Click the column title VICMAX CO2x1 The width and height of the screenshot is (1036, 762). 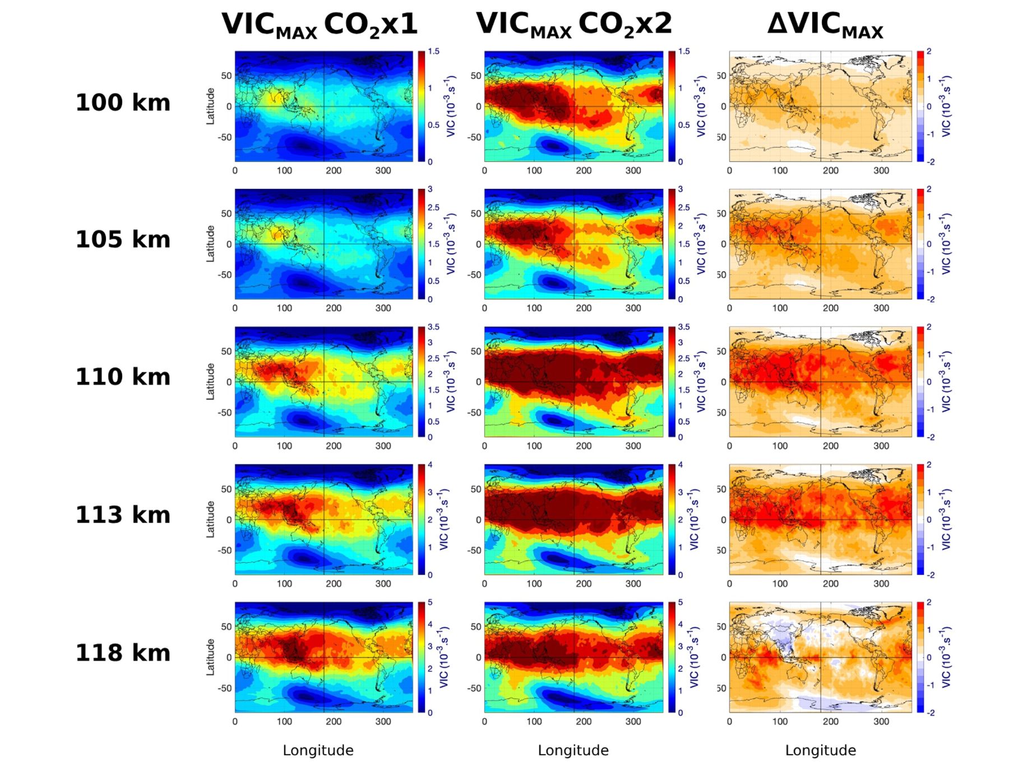[320, 25]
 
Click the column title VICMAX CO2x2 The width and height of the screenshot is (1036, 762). [573, 25]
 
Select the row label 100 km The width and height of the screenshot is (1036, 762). [123, 103]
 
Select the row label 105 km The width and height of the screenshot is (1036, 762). [123, 240]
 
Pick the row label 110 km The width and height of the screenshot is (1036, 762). [123, 377]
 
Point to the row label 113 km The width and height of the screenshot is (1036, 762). [123, 515]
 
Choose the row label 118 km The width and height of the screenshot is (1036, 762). [123, 653]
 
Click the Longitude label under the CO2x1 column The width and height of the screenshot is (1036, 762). [318, 750]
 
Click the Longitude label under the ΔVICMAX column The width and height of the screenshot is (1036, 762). [820, 750]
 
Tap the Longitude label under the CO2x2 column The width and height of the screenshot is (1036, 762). [573, 750]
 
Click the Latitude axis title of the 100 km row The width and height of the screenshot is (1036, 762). [210, 106]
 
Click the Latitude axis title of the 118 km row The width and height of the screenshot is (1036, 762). [210, 657]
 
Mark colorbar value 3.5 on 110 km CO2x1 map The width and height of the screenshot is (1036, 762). [433, 327]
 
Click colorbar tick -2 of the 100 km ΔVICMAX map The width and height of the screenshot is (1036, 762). [931, 162]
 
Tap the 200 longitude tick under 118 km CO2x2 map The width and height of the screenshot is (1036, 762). [584, 722]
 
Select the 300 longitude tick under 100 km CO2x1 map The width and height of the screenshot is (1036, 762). [383, 170]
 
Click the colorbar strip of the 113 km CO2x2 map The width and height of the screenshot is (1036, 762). [672, 519]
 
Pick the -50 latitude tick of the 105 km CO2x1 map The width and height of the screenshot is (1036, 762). [225, 275]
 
